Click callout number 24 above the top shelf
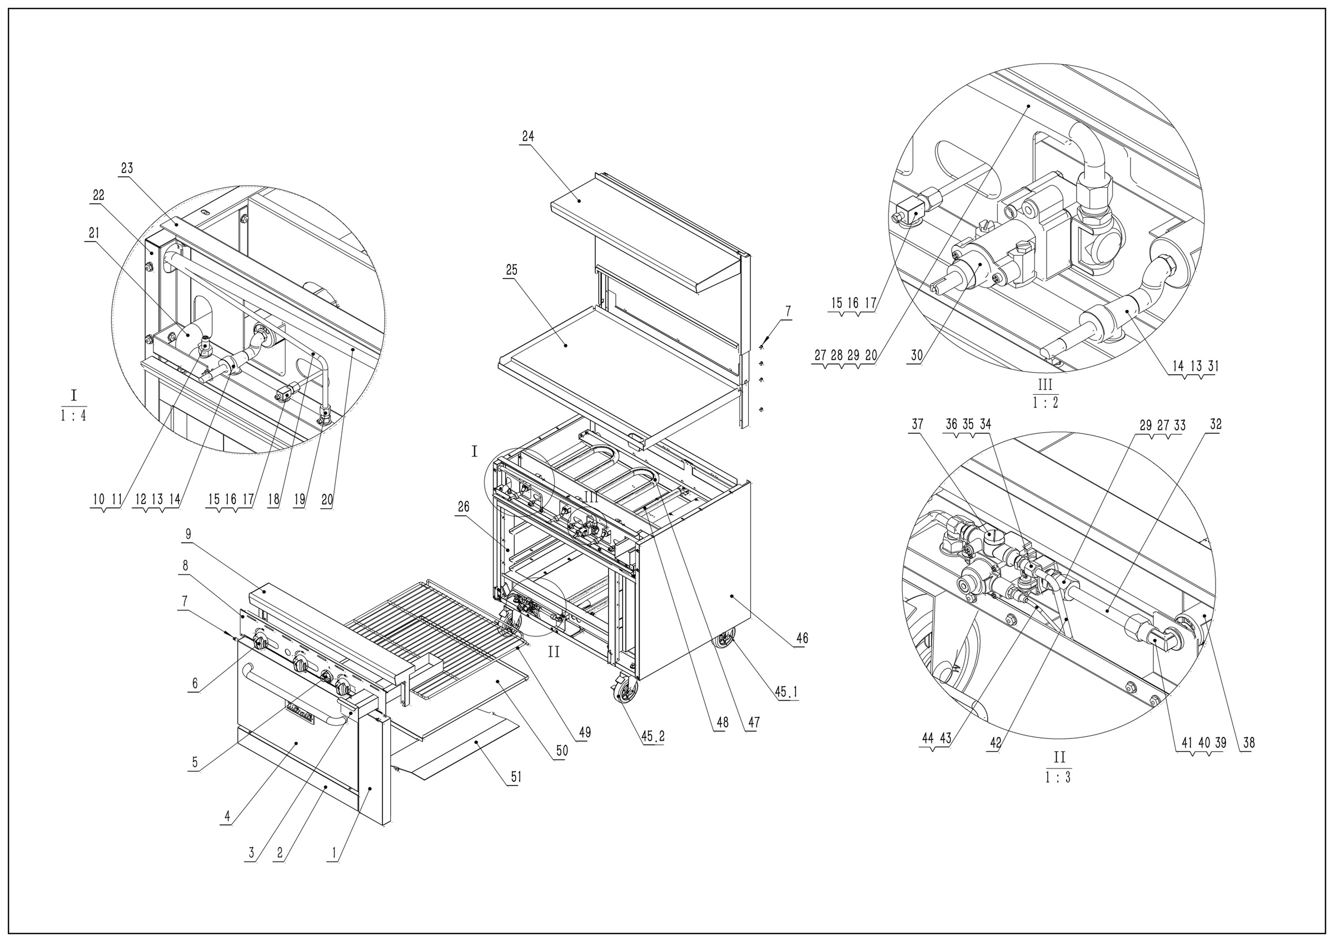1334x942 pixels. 527,137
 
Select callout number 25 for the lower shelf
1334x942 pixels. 511,270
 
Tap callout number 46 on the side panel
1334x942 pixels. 802,638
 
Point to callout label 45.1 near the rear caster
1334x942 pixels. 786,692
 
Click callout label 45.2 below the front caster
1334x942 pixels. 653,736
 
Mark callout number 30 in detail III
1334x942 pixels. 916,356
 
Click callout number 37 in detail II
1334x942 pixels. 917,425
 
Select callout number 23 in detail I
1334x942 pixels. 127,168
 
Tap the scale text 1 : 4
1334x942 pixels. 74,416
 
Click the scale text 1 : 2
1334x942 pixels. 1045,402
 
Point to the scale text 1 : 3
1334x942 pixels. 1059,777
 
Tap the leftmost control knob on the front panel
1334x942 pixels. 261,643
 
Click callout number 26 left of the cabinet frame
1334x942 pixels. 463,507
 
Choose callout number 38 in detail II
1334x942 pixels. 1248,743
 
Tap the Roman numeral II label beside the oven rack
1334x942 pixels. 554,652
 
